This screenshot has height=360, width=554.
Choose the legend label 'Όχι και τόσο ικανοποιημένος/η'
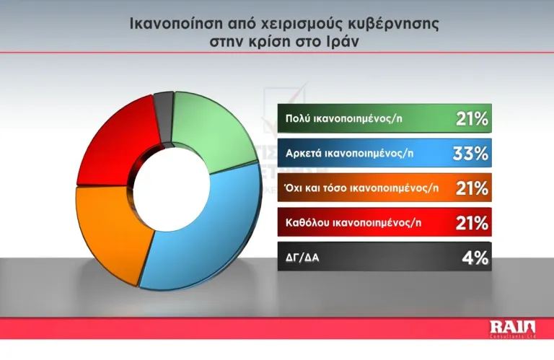tap(361, 188)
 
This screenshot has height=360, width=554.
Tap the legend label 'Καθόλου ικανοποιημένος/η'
tap(351, 223)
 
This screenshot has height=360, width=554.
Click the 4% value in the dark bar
tap(476, 258)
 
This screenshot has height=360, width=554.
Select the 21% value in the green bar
tap(472, 119)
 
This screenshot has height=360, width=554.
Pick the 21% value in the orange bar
tap(472, 188)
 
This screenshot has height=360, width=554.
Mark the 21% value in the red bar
tap(472, 223)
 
